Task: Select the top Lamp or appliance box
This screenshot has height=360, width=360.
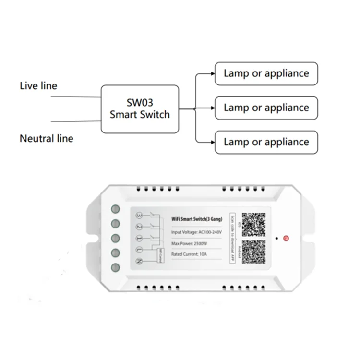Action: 266,73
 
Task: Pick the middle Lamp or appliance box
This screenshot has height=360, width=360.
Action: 266,108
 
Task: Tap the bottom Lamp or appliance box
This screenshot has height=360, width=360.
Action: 266,142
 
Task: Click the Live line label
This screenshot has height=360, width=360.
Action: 38,86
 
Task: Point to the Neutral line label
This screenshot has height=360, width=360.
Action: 47,139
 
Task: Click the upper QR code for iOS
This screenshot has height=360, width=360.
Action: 253,224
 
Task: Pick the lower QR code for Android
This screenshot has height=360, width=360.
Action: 253,251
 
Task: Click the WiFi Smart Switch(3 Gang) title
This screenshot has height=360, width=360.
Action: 197,219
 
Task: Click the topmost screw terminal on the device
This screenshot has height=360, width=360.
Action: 116,209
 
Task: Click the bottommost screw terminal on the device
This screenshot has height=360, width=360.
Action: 116,267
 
